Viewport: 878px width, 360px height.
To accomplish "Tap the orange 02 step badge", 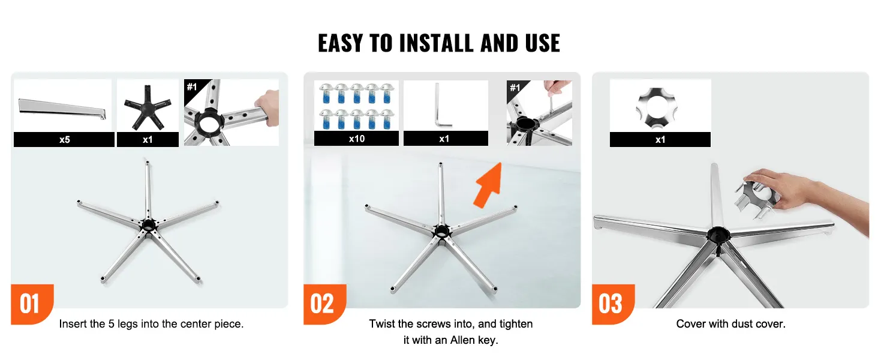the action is [324, 304].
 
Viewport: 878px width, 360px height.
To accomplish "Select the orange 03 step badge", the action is [613, 304].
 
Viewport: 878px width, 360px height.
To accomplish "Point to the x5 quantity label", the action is [65, 140].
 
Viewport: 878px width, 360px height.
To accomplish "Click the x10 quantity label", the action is [357, 139].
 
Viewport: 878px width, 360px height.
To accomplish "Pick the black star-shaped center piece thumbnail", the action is [148, 107].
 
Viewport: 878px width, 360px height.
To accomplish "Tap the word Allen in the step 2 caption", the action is [460, 340].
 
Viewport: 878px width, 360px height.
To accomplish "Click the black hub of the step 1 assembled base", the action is [148, 225].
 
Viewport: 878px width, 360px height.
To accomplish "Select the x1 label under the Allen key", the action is [444, 139].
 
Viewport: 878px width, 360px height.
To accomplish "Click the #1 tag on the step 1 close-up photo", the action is [192, 86].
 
